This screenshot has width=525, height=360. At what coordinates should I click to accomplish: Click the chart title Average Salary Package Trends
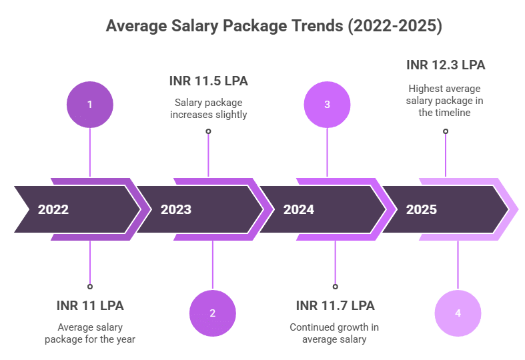pyautogui.click(x=274, y=27)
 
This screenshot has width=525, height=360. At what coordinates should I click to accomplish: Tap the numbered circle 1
pyautogui.click(x=90, y=104)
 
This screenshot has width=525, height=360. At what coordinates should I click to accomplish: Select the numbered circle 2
pyautogui.click(x=212, y=313)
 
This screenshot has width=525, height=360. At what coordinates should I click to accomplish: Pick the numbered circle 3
pyautogui.click(x=327, y=104)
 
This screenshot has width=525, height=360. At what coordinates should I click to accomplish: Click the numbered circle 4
pyautogui.click(x=457, y=313)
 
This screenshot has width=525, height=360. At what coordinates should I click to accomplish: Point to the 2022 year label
pyautogui.click(x=53, y=209)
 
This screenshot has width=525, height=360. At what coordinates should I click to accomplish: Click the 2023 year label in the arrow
pyautogui.click(x=175, y=209)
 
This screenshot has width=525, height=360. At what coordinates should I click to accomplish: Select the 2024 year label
pyautogui.click(x=298, y=209)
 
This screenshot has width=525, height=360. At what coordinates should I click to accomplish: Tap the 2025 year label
pyautogui.click(x=421, y=209)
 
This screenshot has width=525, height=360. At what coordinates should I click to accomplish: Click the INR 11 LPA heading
pyautogui.click(x=90, y=306)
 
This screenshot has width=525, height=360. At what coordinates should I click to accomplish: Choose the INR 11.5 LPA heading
pyautogui.click(x=208, y=81)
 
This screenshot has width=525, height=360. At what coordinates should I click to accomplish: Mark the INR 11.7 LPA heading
pyautogui.click(x=336, y=306)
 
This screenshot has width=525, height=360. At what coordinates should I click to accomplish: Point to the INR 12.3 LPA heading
pyautogui.click(x=446, y=65)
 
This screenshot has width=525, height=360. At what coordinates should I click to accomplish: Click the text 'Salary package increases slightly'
pyautogui.click(x=208, y=108)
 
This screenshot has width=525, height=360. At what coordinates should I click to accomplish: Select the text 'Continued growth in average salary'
pyautogui.click(x=336, y=333)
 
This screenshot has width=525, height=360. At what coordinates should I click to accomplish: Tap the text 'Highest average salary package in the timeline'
pyautogui.click(x=446, y=101)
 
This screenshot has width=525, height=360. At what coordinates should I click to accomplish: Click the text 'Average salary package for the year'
pyautogui.click(x=90, y=333)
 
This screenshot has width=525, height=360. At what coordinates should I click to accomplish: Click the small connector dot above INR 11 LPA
pyautogui.click(x=90, y=286)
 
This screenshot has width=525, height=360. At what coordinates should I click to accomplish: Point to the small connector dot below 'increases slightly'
pyautogui.click(x=208, y=131)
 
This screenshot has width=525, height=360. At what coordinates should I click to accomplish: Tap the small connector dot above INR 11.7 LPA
pyautogui.click(x=335, y=286)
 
